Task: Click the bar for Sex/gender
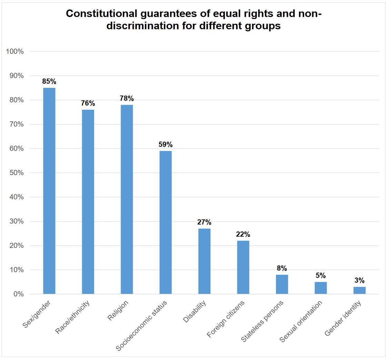point(49,191)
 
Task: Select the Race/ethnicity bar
point(88,202)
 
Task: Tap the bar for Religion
point(127,199)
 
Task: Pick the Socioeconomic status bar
point(166,223)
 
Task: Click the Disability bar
point(204,261)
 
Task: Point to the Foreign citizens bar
point(243,267)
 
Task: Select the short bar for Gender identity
point(359,290)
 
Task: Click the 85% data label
point(49,82)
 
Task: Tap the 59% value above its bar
point(166,145)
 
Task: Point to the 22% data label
point(243,235)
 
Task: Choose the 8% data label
point(282,268)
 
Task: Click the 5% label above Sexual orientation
point(321,276)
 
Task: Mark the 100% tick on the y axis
point(15,52)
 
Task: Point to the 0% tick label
point(18,294)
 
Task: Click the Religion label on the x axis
point(118,310)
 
